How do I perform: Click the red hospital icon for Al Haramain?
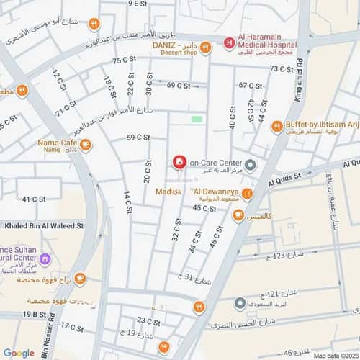pyautogui.click(x=229, y=43)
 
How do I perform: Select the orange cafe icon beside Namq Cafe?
pyautogui.click(x=86, y=145)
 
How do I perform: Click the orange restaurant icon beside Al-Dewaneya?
pyautogui.click(x=247, y=192)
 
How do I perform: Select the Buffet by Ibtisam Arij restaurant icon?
pyautogui.click(x=276, y=127)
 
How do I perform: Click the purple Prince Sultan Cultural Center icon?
pyautogui.click(x=45, y=258)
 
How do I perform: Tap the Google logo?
pyautogui.click(x=19, y=353)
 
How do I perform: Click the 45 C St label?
pyautogui.click(x=204, y=208)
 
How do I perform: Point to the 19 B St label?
pyautogui.click(x=33, y=314)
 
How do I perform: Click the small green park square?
pyautogui.click(x=197, y=119)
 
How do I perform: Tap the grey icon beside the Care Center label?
pyautogui.click(x=250, y=163)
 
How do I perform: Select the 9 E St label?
pyautogui.click(x=138, y=4)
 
